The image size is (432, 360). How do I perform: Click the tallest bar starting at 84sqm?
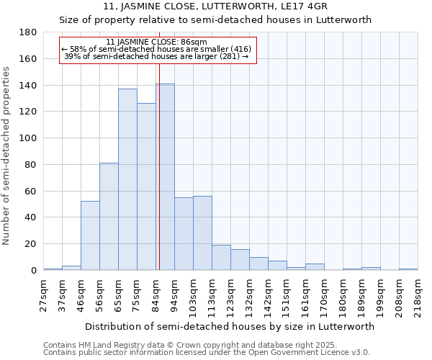pyautogui.click(x=165, y=177)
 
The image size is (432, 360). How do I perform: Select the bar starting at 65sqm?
pyautogui.click(x=127, y=179)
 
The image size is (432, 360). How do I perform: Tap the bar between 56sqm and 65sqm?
pyautogui.click(x=109, y=216)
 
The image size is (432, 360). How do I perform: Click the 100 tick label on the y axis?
pyautogui.click(x=29, y=138)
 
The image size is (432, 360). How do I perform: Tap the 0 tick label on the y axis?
pyautogui.click(x=34, y=271)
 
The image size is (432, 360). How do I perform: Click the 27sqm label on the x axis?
pyautogui.click(x=44, y=295)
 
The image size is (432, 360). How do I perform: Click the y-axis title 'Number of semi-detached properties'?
pyautogui.click(x=7, y=156)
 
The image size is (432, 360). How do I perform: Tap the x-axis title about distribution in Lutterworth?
pyautogui.click(x=230, y=326)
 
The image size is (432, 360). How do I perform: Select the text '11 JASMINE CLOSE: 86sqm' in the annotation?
pyautogui.click(x=156, y=42)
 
